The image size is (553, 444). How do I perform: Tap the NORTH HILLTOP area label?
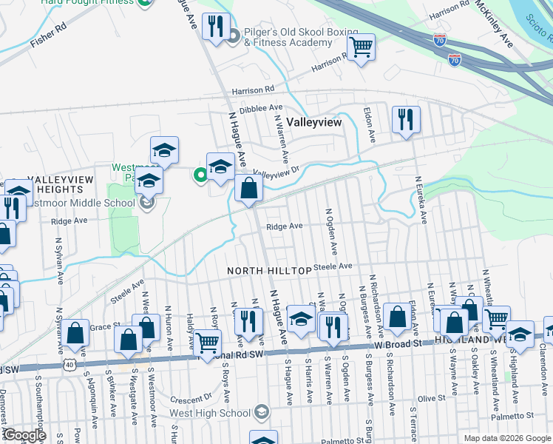[x=269, y=272]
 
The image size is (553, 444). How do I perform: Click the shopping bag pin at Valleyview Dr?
[x=249, y=189]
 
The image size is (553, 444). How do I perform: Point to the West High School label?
[x=209, y=412]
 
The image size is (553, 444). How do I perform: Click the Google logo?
[x=24, y=435]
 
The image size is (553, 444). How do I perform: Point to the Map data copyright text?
[x=507, y=438]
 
